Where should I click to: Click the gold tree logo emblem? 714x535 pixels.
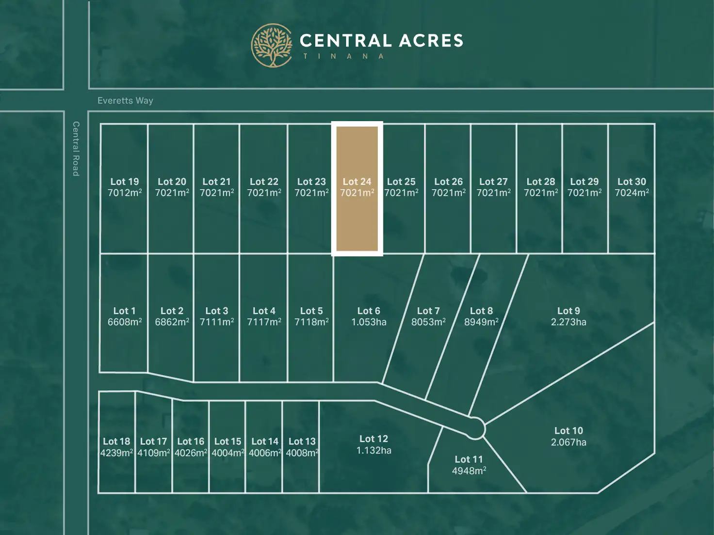pos(272,45)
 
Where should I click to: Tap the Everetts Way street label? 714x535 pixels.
pos(125,101)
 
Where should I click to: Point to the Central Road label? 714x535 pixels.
pos(76,148)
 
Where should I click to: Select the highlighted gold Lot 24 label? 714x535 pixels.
pos(357,182)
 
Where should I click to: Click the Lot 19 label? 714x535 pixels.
pos(125,182)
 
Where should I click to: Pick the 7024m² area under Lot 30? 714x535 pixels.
pos(632,193)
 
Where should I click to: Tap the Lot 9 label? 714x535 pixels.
pos(568,311)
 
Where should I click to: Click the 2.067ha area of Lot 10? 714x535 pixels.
pos(568,442)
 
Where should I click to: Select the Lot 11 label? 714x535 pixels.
pos(469,459)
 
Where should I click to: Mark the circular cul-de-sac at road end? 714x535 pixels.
pos(475,428)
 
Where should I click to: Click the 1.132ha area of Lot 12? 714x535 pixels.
pos(373,451)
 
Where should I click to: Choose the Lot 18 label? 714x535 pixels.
pos(116,441)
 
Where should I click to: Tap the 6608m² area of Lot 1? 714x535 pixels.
pos(125,322)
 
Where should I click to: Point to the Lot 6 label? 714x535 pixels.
pos(369,311)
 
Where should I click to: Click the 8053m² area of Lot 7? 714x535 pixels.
pos(428,322)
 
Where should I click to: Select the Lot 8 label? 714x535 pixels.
pos(481,311)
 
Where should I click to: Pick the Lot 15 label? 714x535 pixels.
pos(227,441)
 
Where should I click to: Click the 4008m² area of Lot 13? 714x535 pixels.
pos(302,453)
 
